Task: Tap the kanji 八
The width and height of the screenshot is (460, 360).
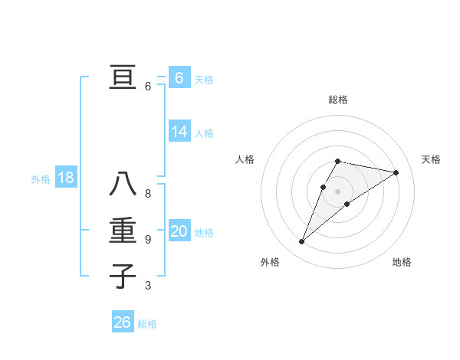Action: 123,185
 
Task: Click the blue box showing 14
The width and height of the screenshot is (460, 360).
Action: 179,132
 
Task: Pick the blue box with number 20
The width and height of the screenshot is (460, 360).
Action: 179,231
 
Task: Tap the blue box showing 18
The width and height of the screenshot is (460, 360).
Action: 65,178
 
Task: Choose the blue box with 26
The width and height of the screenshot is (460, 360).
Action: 122,322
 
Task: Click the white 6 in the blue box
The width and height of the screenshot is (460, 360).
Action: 179,77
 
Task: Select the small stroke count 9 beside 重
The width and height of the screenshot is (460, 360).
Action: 148,240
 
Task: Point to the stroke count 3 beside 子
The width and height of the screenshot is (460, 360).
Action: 148,286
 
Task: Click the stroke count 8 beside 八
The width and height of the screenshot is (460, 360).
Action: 148,194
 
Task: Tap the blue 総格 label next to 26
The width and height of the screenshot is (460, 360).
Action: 147,324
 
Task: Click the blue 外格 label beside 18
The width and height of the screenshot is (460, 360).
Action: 41,179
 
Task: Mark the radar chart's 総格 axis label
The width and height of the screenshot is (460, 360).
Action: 337,100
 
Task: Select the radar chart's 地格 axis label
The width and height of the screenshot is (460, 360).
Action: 402,262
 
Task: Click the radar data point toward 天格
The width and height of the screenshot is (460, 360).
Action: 396,172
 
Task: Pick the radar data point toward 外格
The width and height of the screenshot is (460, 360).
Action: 301,242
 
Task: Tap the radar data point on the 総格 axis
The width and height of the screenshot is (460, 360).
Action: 337,161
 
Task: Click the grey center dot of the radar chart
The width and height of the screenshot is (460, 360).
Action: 337,191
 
